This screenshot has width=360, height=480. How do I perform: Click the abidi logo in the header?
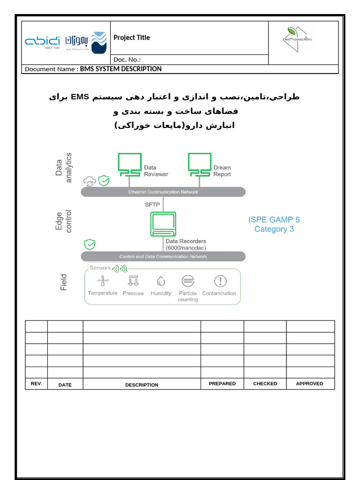42,42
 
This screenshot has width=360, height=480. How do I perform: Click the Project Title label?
132,37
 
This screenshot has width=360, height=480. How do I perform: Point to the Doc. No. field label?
127,60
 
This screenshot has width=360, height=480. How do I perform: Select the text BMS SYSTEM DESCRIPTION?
121,69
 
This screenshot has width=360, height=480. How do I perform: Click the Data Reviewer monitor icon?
130,165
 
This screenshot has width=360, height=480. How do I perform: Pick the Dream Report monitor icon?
200,165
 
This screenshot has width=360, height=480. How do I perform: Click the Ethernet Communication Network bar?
163,192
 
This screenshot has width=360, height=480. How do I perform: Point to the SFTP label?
152,204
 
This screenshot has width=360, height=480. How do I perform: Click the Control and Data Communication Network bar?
163,256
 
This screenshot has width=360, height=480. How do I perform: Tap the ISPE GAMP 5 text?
274,219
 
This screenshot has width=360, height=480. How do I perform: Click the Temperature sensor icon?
103,281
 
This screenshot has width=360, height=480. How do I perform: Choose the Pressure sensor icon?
133,281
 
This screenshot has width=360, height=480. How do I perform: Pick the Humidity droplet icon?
161,281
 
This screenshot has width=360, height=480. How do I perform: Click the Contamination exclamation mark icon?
220,281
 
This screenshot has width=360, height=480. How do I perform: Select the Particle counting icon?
188,281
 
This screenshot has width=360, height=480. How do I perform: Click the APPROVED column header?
309,383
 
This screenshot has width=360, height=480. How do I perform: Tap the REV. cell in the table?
36,383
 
